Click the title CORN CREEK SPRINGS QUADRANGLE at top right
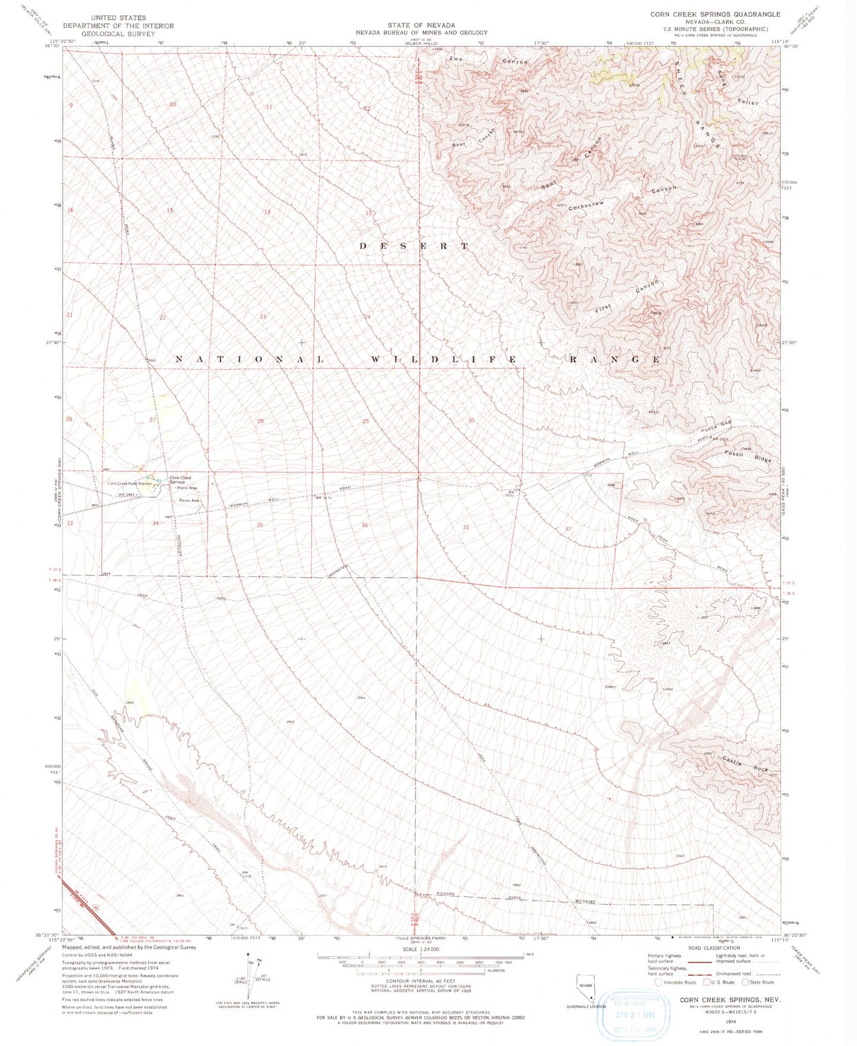[715, 14]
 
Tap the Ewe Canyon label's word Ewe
[455, 59]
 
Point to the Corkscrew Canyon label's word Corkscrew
[586, 206]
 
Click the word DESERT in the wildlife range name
[414, 246]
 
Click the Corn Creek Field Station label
[127, 484]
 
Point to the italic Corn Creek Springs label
[180, 480]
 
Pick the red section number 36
[364, 525]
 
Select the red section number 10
[173, 104]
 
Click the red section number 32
[568, 529]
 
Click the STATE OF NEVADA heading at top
[421, 25]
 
